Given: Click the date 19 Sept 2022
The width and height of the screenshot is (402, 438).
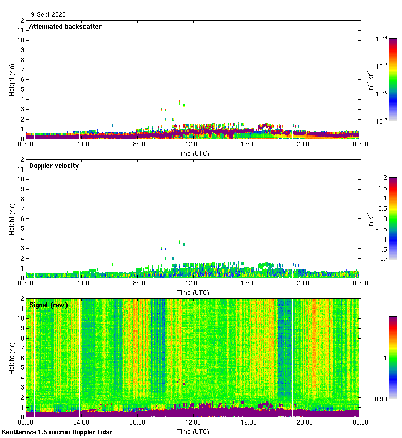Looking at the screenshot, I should tap(46, 15).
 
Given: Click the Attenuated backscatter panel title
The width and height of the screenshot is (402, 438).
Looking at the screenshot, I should tap(65, 27).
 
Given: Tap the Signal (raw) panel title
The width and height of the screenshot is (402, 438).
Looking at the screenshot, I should tap(49, 305).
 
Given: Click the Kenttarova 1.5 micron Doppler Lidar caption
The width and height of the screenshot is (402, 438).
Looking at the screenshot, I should tap(57, 432).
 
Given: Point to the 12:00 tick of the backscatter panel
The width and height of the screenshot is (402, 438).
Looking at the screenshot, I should tap(193, 144).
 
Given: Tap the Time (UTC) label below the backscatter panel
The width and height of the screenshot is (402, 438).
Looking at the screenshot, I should tap(193, 153).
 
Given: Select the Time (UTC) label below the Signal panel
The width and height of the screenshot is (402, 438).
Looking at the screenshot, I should tap(193, 431).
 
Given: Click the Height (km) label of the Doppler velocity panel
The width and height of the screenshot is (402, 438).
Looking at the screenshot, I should tap(12, 219).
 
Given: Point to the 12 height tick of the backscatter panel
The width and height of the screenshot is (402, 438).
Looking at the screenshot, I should tap(21, 21).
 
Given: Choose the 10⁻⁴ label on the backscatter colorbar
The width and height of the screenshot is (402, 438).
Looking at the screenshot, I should tap(382, 39).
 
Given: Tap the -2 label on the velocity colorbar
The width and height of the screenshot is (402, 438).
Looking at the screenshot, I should tap(383, 260).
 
